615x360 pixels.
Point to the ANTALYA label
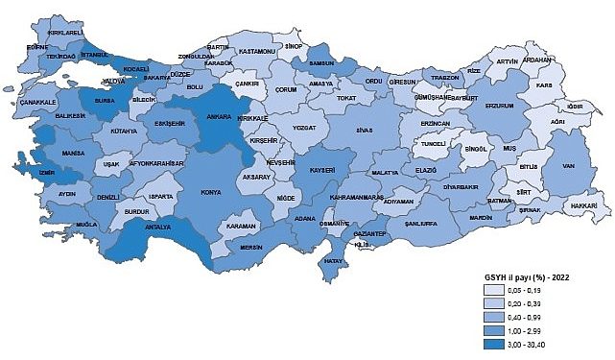point(157,228)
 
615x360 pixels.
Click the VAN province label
point(569,164)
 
